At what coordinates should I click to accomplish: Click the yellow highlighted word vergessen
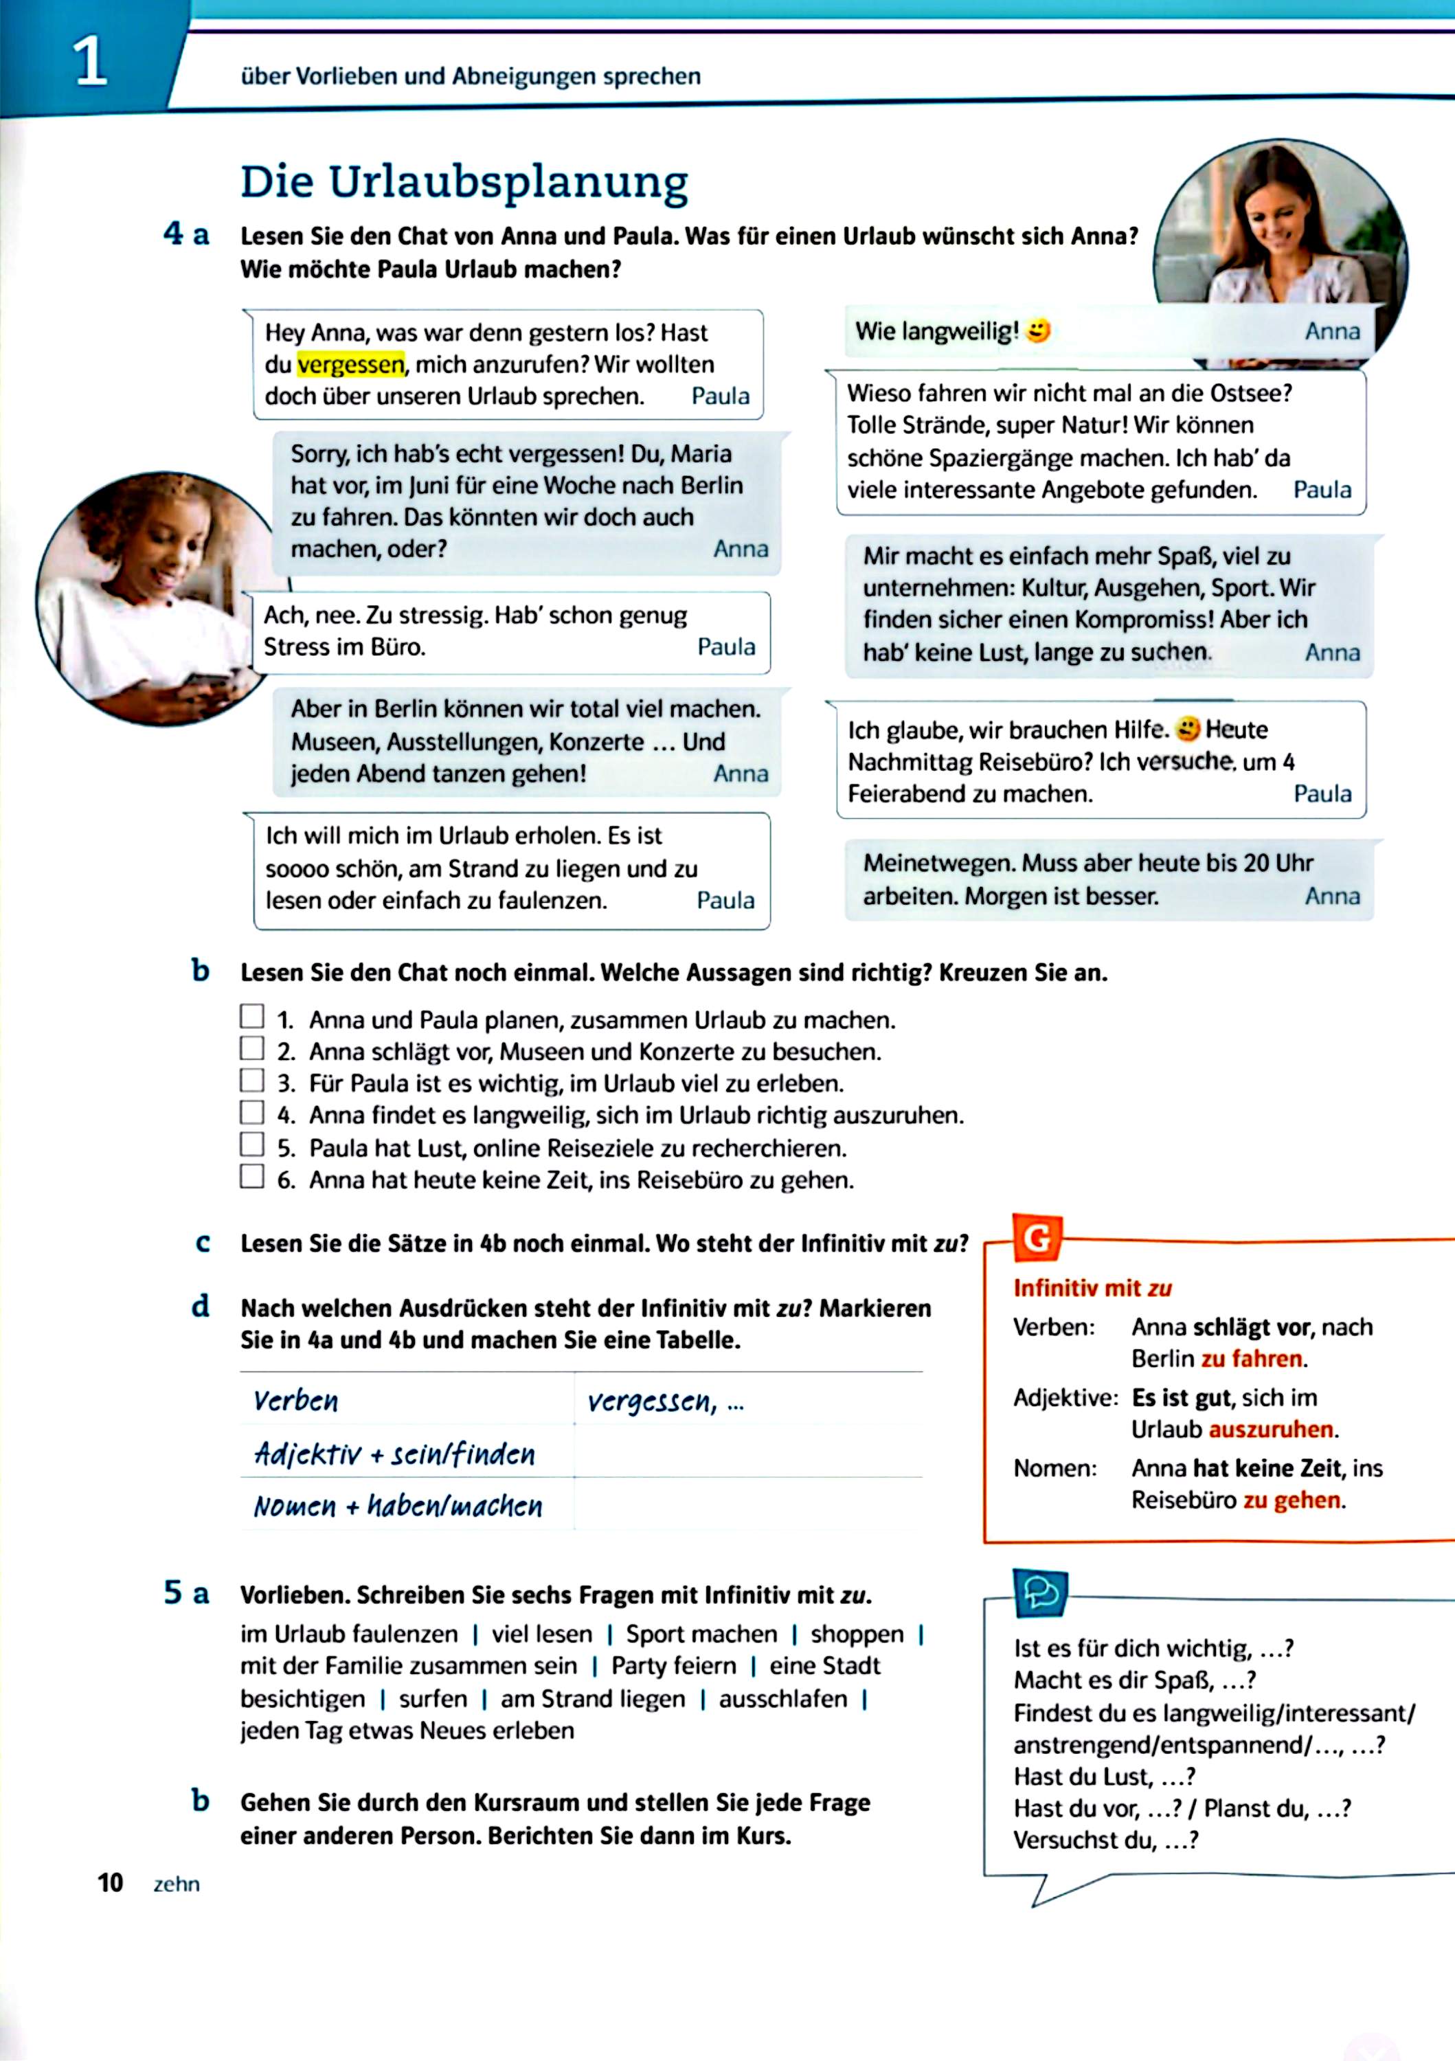(350, 364)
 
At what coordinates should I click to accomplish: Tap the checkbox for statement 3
(252, 1080)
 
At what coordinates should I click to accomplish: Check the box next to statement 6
(252, 1176)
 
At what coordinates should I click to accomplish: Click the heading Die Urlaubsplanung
(464, 182)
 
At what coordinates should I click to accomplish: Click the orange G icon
(1037, 1239)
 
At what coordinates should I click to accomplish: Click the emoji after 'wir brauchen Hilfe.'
(1188, 729)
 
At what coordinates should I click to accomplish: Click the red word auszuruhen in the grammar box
(1271, 1429)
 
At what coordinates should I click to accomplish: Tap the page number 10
(109, 1882)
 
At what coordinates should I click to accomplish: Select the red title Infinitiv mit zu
(1092, 1288)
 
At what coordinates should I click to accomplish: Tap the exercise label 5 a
(185, 1593)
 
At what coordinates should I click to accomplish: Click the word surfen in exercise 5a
(433, 1699)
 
